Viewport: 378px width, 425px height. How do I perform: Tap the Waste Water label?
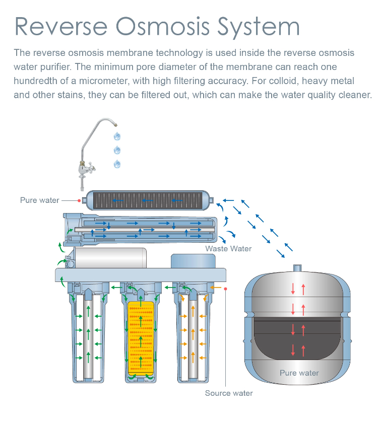pyautogui.click(x=228, y=249)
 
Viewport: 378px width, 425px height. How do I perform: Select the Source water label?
pyautogui.click(x=229, y=393)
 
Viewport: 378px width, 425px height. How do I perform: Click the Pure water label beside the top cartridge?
pyautogui.click(x=40, y=200)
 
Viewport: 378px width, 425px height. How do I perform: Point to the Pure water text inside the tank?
pyautogui.click(x=299, y=373)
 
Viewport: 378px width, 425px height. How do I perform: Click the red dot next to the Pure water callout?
pyautogui.click(x=79, y=200)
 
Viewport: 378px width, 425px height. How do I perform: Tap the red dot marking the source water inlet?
pyautogui.click(x=226, y=289)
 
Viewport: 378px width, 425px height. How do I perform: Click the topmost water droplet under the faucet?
pyautogui.click(x=117, y=136)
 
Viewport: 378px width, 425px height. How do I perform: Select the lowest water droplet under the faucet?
pyautogui.click(x=117, y=164)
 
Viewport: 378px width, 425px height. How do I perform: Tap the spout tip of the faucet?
pyautogui.click(x=116, y=124)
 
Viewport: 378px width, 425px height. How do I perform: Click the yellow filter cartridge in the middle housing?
pyautogui.click(x=141, y=336)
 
